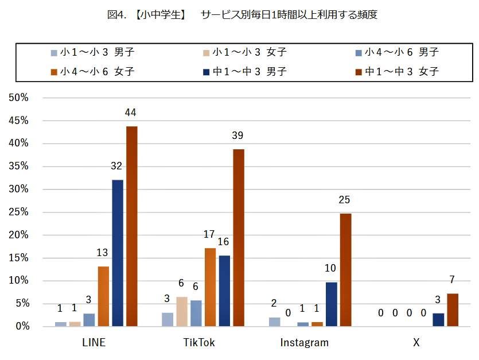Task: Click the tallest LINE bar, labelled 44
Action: coord(132,226)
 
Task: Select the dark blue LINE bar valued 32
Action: coord(118,253)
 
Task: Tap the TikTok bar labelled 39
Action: coord(239,238)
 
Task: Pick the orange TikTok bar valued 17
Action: coord(211,287)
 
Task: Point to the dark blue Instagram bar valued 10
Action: coord(331,304)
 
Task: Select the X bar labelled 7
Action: coord(453,310)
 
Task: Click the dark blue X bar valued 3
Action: coord(438,320)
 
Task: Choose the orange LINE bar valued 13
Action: coord(103,296)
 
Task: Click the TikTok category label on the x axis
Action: coord(199,343)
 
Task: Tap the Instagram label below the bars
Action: coord(305,343)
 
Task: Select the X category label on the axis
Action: coord(416,343)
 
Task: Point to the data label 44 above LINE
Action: coord(131,112)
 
